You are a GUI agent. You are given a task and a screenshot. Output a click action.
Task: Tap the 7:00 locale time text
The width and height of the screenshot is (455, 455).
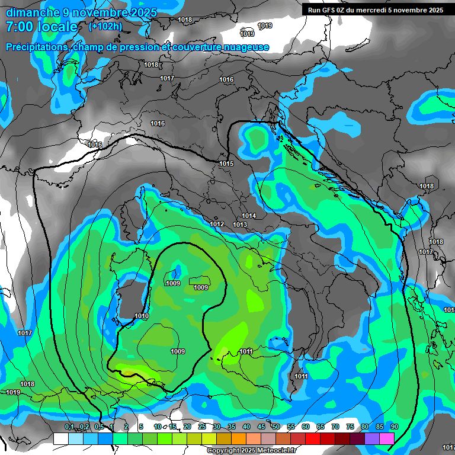click(41, 27)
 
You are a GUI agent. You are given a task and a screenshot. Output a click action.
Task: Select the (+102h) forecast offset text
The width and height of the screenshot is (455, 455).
click(105, 26)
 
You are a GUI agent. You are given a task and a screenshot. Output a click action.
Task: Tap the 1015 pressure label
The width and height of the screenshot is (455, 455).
click(226, 164)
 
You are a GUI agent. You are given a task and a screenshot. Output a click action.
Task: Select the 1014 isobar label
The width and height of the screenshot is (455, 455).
click(249, 216)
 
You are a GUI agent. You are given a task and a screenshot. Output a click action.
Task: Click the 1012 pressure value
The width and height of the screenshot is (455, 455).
click(217, 224)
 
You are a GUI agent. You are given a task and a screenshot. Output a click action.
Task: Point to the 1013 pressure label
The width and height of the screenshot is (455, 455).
click(240, 225)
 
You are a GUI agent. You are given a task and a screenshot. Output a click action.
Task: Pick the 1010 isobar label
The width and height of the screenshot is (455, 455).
click(142, 316)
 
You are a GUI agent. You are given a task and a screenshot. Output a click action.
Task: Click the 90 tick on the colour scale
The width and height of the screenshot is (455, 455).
click(395, 427)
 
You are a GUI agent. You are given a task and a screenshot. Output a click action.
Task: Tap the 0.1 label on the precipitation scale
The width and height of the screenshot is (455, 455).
click(69, 427)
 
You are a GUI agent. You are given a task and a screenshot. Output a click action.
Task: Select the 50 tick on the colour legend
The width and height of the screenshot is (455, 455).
click(276, 427)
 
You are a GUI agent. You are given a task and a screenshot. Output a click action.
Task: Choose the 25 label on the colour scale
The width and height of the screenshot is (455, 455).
click(202, 427)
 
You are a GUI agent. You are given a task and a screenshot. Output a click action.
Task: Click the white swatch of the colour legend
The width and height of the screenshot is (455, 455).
click(60, 438)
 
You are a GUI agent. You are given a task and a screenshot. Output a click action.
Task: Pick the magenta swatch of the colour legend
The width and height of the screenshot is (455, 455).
click(387, 438)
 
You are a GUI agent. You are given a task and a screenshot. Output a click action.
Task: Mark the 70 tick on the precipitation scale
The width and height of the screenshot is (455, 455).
click(335, 427)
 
